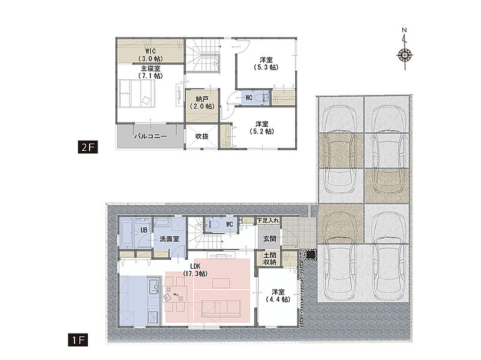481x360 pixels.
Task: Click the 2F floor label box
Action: [88, 147]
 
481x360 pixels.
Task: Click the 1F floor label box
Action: [78, 340]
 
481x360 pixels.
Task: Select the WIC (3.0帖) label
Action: [150, 55]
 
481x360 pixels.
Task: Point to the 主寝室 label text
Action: [150, 68]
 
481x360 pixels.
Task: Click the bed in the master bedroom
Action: [137, 93]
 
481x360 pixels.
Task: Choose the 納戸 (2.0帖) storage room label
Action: [202, 102]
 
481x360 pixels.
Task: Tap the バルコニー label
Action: [151, 136]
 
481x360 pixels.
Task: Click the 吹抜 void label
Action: [202, 136]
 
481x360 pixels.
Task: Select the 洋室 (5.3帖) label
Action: [266, 64]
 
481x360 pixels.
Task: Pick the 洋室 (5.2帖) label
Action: [262, 127]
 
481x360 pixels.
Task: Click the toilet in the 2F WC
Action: [263, 98]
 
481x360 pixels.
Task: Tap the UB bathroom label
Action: [144, 230]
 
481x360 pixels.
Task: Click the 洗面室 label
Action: [170, 239]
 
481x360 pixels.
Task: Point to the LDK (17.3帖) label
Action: [195, 270]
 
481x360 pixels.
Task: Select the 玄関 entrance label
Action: [269, 239]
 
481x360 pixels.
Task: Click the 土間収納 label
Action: [269, 258]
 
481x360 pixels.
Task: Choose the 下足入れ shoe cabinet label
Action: [268, 220]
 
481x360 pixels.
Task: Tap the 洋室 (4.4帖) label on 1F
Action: [278, 296]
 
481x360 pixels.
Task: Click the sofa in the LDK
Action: [221, 309]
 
